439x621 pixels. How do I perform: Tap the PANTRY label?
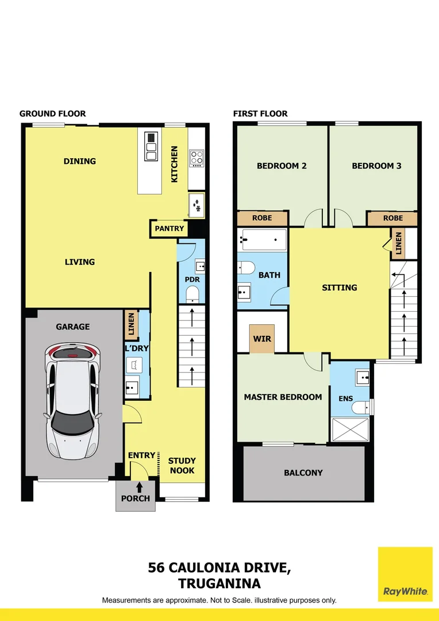click(x=170, y=228)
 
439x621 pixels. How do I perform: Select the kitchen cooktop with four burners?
click(x=197, y=158)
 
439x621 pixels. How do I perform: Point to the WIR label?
click(x=262, y=339)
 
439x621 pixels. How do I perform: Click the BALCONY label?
click(x=303, y=473)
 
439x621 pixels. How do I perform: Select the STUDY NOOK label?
click(x=182, y=465)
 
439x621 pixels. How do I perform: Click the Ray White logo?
click(x=405, y=573)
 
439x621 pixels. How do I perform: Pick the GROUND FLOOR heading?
click(x=52, y=113)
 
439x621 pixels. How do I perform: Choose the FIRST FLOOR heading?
click(x=260, y=113)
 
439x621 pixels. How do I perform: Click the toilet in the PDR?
click(x=192, y=295)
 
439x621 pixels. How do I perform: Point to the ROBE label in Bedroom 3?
click(x=393, y=218)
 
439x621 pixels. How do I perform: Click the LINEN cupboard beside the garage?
click(x=131, y=324)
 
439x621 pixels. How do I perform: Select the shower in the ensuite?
click(x=350, y=430)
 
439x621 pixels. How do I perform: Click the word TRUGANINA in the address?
click(x=219, y=584)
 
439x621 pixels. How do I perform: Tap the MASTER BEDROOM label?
click(x=283, y=397)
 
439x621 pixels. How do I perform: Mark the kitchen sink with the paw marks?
click(x=197, y=204)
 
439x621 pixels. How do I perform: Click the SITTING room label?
click(x=340, y=287)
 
